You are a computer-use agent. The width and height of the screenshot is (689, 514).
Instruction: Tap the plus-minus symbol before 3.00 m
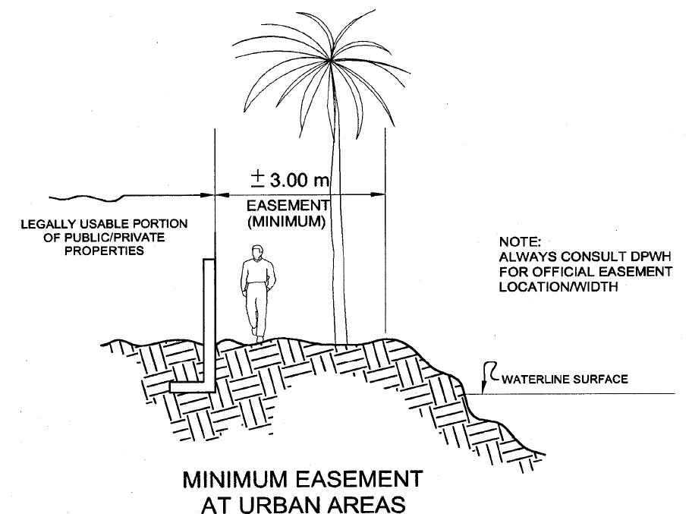258,180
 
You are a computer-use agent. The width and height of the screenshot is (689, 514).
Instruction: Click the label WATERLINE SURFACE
565,379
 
